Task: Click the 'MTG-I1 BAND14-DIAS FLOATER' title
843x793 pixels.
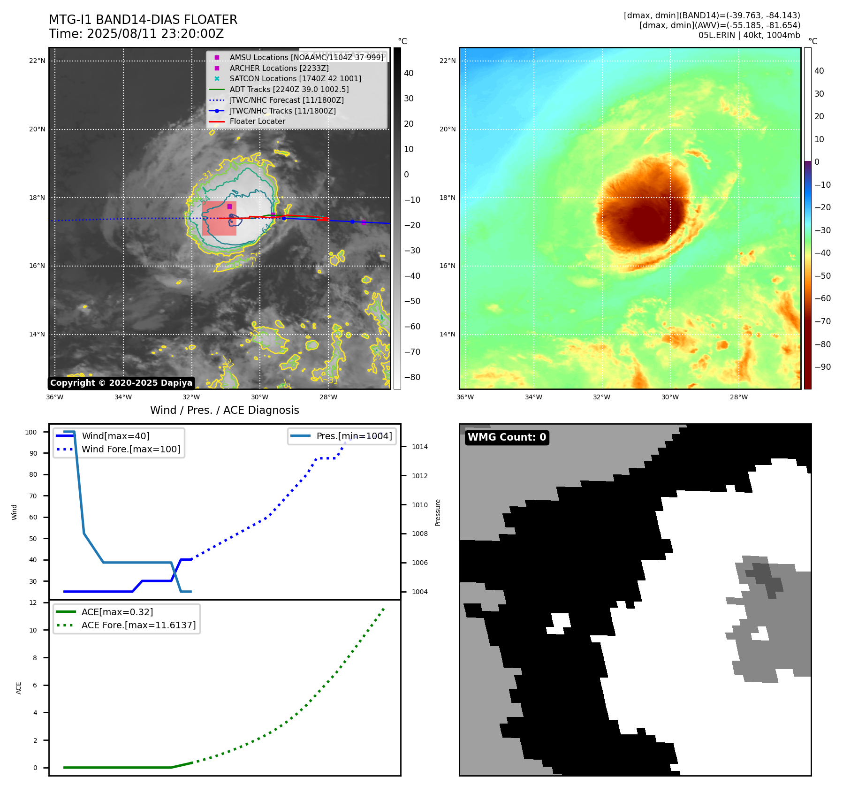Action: coord(143,20)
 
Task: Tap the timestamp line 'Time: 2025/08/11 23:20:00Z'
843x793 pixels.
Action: coord(136,34)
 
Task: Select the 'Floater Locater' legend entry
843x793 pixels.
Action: coord(257,122)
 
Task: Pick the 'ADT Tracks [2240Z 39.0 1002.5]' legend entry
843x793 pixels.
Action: coord(289,89)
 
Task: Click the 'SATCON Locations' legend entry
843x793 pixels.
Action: coord(295,79)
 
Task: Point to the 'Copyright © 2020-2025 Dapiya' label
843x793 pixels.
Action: coord(121,383)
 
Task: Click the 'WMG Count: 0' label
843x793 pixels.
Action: coord(507,437)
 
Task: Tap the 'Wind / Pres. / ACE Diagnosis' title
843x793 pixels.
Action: coord(224,410)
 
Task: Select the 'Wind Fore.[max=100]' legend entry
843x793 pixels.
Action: coord(131,449)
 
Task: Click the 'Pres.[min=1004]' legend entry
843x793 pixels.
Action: coord(354,436)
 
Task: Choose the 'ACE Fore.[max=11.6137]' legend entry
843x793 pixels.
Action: coord(138,625)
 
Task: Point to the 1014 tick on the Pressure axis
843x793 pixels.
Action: coord(419,447)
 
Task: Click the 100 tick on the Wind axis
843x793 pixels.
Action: coord(31,432)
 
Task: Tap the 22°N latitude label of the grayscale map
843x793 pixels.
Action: coord(37,61)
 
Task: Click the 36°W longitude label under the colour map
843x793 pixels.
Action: coord(465,397)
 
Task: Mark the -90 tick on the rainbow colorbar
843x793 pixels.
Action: coord(822,367)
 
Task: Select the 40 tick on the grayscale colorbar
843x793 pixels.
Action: coord(409,73)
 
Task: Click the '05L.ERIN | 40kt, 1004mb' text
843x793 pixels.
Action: coord(749,35)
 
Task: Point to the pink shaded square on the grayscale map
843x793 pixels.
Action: coord(219,219)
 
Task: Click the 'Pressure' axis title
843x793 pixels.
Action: coord(438,512)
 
